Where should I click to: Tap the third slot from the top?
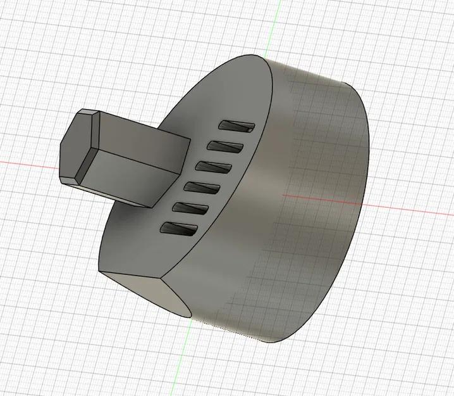(x=214, y=167)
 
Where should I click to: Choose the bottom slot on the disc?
(x=180, y=229)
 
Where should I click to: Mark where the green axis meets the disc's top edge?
(x=264, y=58)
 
